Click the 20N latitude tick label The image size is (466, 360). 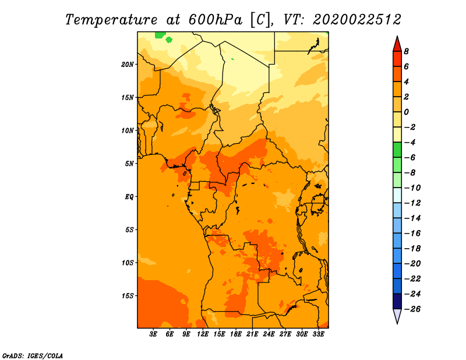128,65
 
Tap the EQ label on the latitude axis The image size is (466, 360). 129,197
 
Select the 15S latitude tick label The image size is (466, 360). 128,296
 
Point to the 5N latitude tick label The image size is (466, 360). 129,164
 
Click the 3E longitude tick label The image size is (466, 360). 153,334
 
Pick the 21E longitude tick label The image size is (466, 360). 252,334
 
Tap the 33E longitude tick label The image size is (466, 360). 318,334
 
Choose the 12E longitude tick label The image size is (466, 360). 203,334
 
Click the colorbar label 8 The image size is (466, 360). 406,51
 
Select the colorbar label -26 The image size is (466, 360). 412,309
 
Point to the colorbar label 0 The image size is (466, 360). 406,112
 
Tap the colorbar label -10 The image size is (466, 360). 412,188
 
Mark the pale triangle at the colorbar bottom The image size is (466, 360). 397,316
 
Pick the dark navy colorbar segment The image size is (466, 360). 397,301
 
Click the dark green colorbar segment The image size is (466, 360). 397,150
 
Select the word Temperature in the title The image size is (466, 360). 111,20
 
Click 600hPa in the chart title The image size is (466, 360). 216,20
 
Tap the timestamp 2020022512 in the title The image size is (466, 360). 357,20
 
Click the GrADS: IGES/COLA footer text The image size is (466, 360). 33,356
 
